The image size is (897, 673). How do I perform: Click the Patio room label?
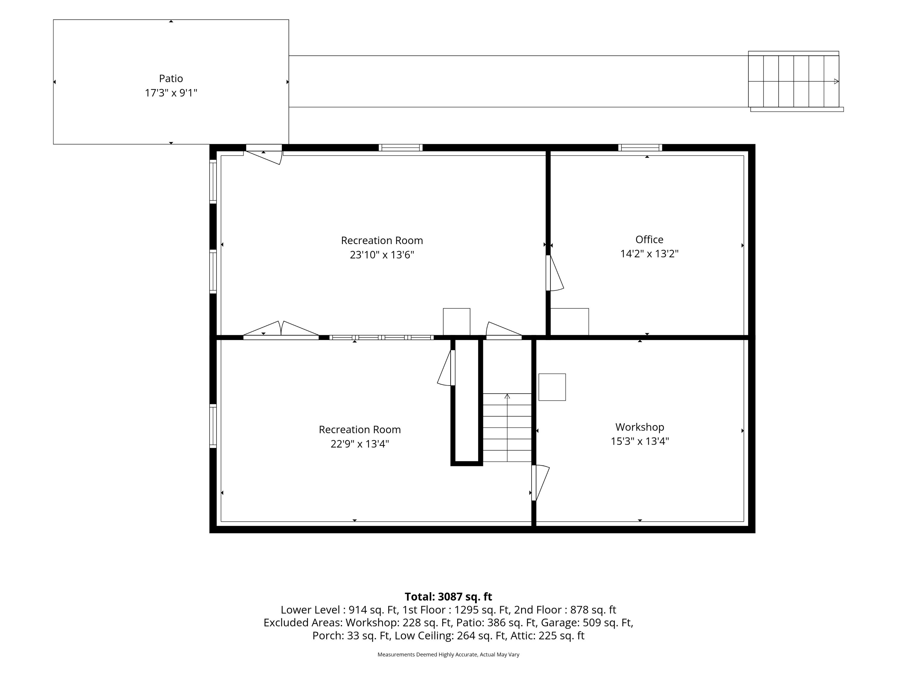point(171,78)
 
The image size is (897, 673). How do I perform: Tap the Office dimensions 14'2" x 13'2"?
point(649,254)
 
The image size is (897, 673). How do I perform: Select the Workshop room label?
point(640,427)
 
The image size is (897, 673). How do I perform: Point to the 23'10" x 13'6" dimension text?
point(382,255)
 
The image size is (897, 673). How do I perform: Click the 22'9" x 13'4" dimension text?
point(360,444)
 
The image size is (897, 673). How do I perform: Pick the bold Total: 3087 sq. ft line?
point(448,597)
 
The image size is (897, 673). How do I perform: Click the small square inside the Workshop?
point(552,387)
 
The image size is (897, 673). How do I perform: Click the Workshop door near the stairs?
point(541,483)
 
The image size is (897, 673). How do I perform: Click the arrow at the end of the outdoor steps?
point(836,82)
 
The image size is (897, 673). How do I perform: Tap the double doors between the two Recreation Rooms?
point(281,329)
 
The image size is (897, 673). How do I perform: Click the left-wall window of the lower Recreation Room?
point(213,426)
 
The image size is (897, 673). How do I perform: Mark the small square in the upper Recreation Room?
point(457,322)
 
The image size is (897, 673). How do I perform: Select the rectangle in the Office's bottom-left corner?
point(569,322)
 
